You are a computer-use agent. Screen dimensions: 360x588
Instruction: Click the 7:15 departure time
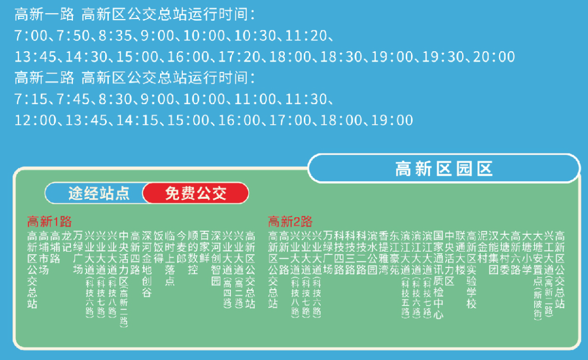point(32,99)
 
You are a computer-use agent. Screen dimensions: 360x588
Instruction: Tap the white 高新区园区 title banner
point(444,169)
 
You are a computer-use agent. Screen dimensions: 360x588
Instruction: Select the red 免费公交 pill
point(195,193)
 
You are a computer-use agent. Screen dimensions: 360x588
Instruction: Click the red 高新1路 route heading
point(50,222)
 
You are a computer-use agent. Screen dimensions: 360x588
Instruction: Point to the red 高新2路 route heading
point(290,222)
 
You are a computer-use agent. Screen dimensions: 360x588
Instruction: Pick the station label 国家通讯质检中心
point(439,274)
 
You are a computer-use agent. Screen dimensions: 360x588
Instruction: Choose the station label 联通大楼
point(461,252)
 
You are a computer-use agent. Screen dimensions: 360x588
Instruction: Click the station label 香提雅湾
point(383,252)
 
